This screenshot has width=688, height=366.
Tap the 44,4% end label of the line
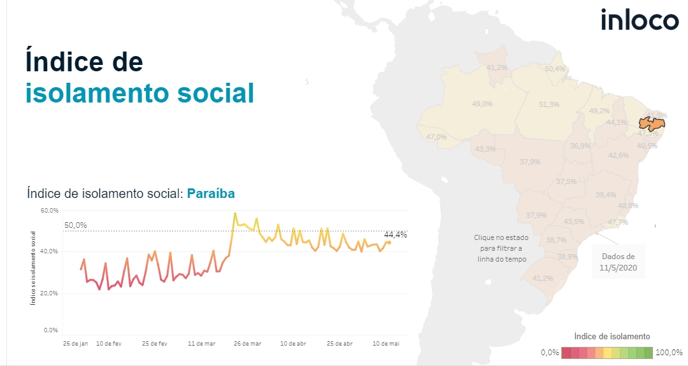coord(396,234)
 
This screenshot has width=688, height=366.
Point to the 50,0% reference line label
coord(76,225)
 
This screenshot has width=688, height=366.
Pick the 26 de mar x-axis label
coord(247,344)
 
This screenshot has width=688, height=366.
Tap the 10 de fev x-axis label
coord(108,344)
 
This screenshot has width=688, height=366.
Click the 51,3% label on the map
coord(548,104)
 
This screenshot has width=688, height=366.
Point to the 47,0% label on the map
coord(436,137)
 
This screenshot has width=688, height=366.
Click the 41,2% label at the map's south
coord(542,278)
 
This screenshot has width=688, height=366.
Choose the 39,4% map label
coord(606,195)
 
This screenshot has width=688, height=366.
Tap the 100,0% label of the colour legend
coord(669,353)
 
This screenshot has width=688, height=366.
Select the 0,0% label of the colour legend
coord(550,353)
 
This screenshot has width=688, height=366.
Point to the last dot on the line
coord(389,242)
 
